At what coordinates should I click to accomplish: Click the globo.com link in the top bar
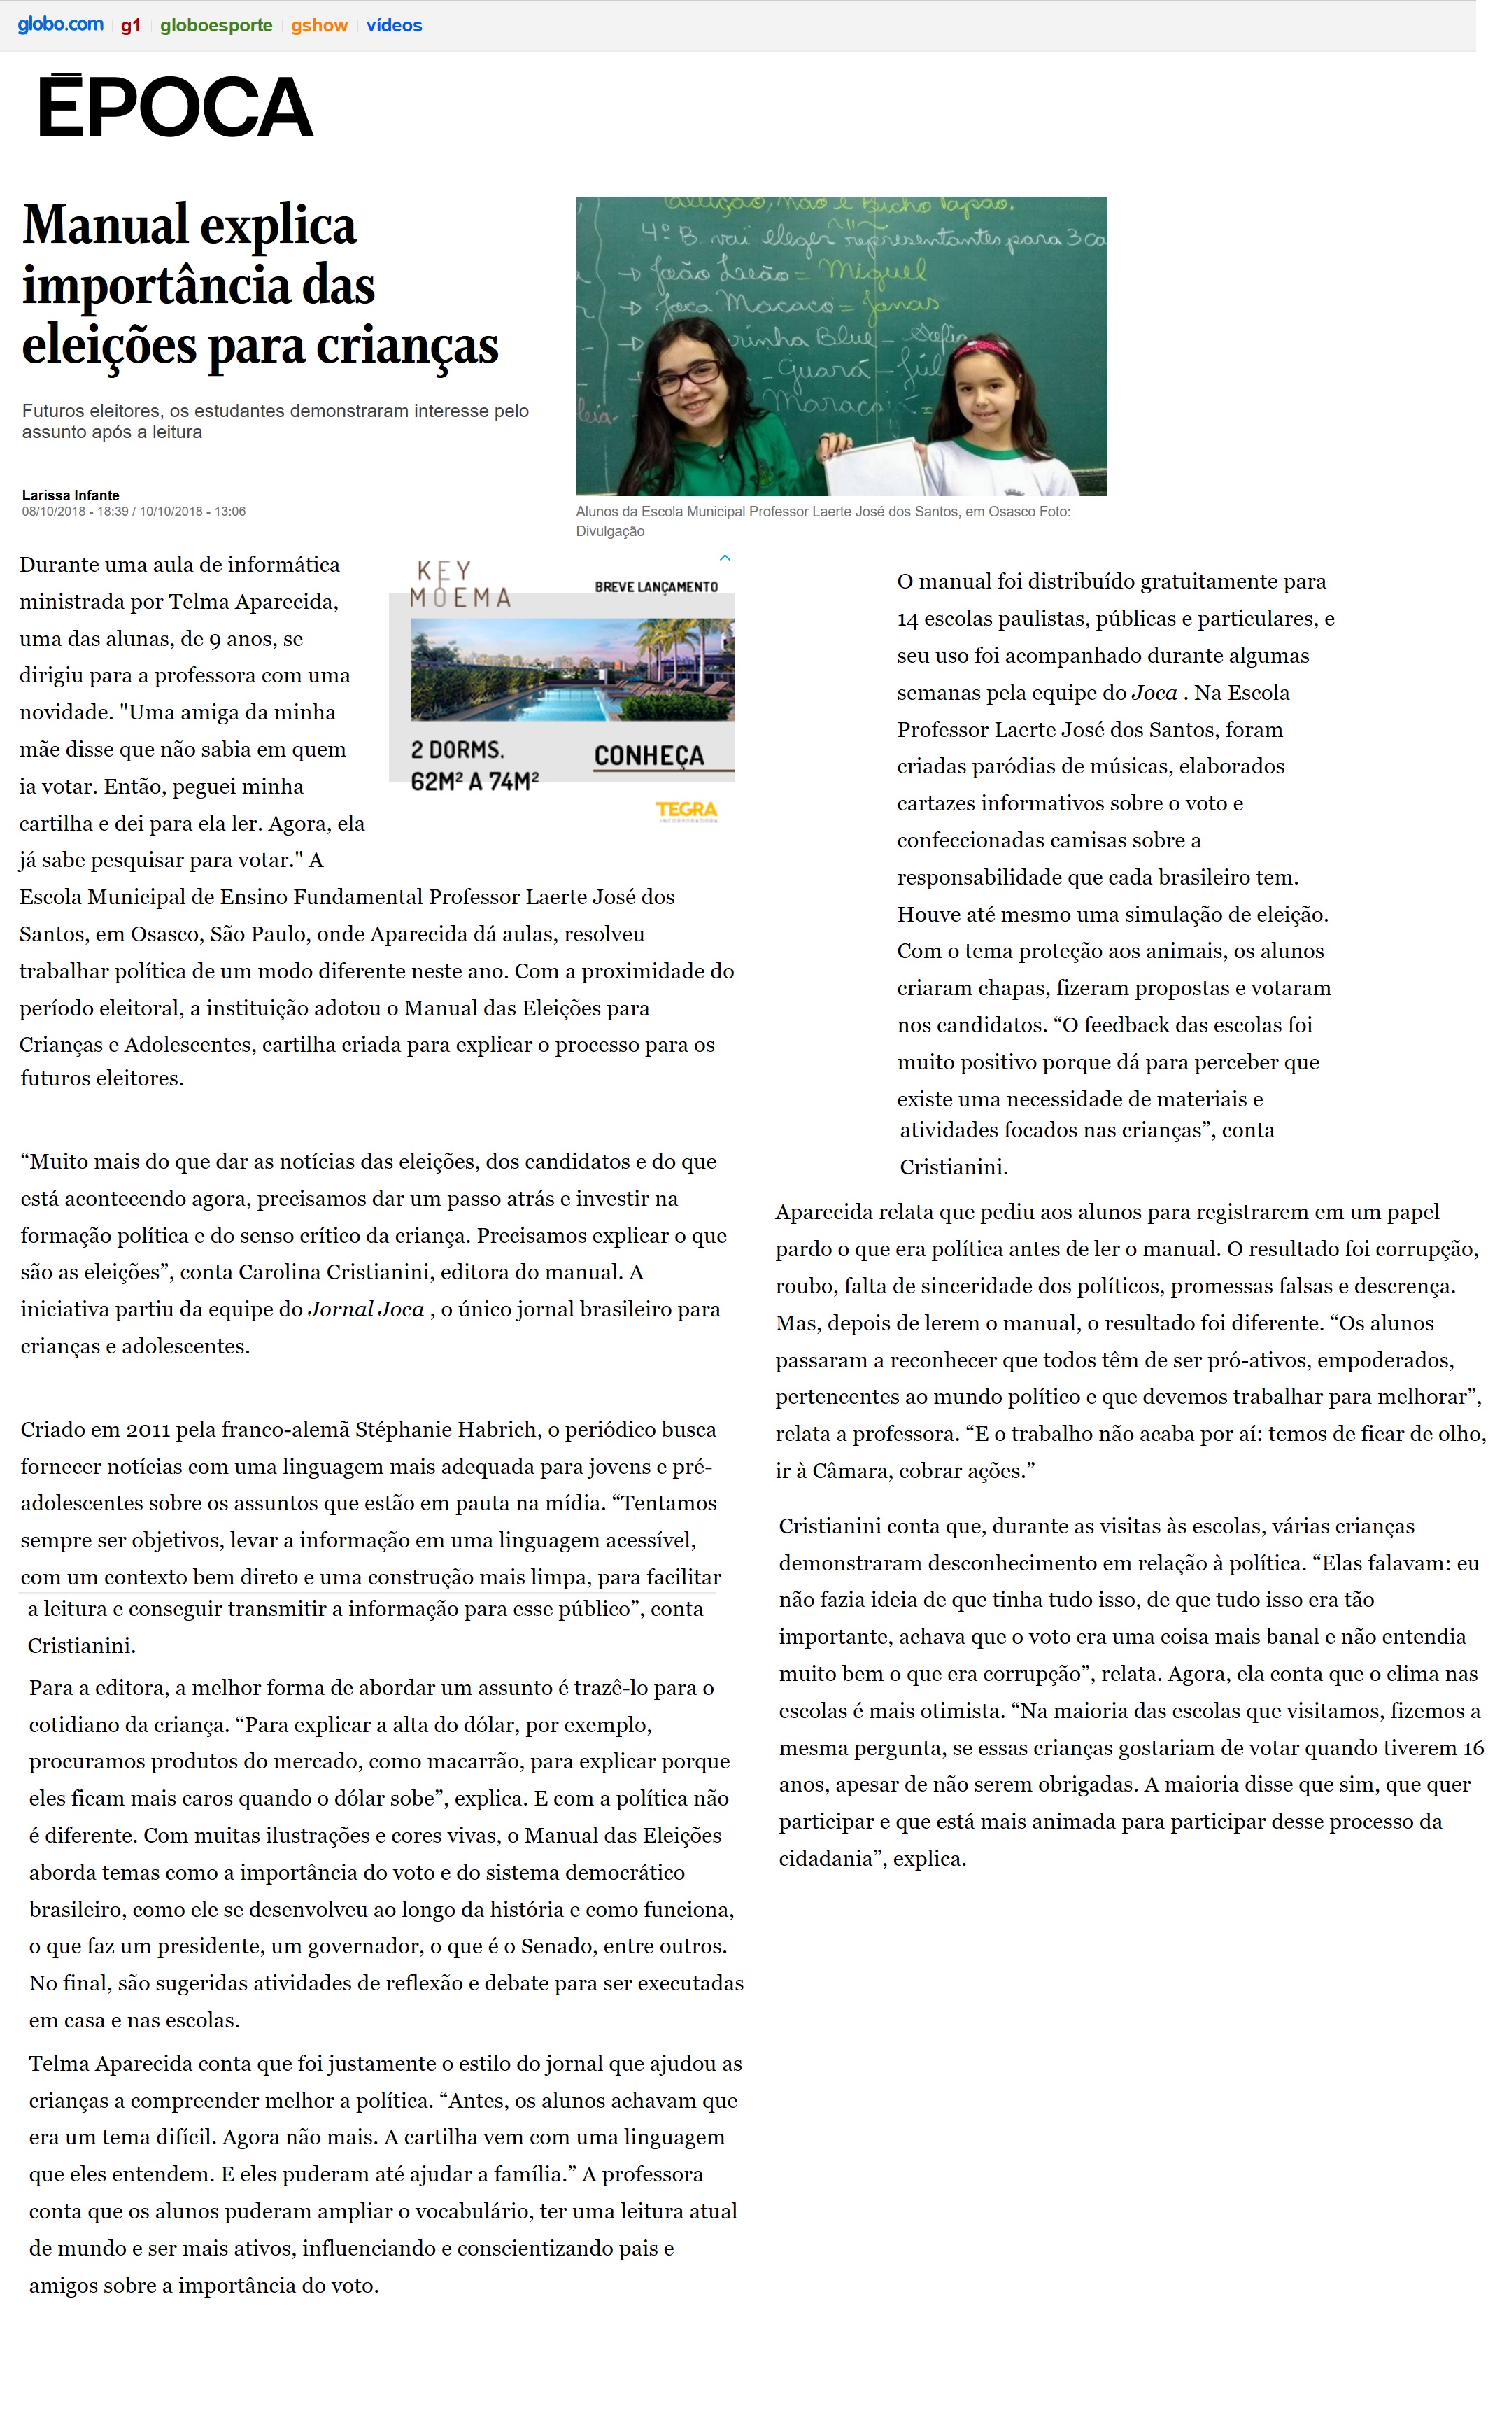[60, 24]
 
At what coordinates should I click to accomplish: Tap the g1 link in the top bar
[131, 26]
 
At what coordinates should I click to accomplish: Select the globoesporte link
[215, 26]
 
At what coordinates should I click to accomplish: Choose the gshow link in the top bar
[318, 26]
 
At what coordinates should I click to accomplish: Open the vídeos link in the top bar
[394, 26]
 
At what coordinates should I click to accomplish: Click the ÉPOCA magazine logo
[175, 107]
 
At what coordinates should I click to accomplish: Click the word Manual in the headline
[105, 225]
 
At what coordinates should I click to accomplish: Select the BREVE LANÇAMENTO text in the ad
[656, 586]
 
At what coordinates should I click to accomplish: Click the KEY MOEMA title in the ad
[460, 584]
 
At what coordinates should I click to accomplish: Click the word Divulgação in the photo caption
[610, 531]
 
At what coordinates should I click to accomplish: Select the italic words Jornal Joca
[366, 1309]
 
